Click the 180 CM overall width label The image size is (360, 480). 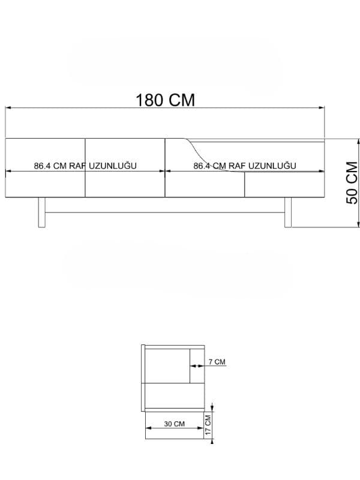[166, 100]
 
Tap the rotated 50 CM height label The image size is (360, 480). [352, 182]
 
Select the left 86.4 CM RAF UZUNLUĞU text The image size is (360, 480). [86, 166]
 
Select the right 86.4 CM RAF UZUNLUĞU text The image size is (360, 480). [245, 166]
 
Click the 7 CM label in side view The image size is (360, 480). [217, 362]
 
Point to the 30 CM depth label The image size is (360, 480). [175, 424]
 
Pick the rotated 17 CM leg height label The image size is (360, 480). [208, 425]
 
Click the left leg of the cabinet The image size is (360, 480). [42, 212]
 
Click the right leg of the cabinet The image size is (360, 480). [288, 212]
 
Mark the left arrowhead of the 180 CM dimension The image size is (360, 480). [8, 108]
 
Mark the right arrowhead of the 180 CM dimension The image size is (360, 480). [324, 108]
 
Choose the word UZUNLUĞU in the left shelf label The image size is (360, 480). [115, 166]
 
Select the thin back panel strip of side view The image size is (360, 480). [142, 378]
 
